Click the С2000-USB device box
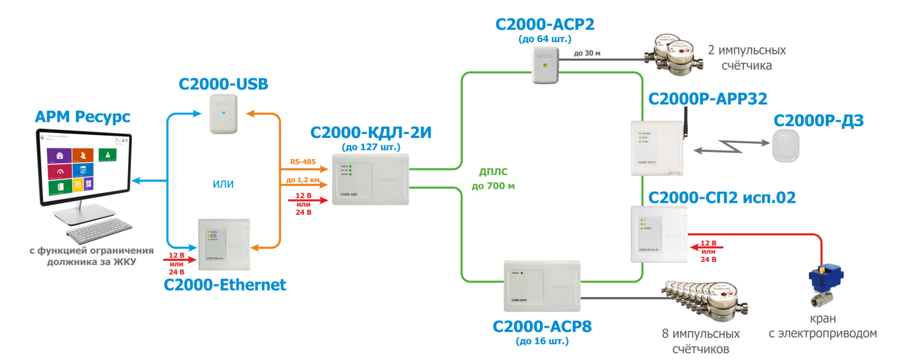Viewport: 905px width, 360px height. pyautogui.click(x=224, y=114)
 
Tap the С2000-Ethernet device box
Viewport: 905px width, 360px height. pyautogui.click(x=224, y=244)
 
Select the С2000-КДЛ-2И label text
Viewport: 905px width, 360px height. pyautogui.click(x=371, y=133)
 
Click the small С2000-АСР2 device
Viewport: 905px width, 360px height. pyautogui.click(x=545, y=65)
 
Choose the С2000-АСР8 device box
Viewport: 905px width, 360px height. pyautogui.click(x=542, y=286)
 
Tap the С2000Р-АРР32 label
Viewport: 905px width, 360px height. pyautogui.click(x=708, y=99)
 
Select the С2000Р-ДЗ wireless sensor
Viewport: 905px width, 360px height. pyautogui.click(x=785, y=146)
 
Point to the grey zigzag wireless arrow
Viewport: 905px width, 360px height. pyautogui.click(x=731, y=146)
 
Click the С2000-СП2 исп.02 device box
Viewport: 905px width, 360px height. pyautogui.click(x=659, y=234)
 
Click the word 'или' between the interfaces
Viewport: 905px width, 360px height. pyautogui.click(x=223, y=184)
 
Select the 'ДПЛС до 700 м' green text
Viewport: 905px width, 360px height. pyautogui.click(x=493, y=179)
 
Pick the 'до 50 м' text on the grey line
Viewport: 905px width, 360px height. pyautogui.click(x=587, y=53)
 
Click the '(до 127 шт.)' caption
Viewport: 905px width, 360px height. pyautogui.click(x=371, y=147)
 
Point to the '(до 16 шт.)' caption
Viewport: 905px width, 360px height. pyautogui.click(x=542, y=341)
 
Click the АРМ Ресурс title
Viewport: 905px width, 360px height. pyautogui.click(x=82, y=116)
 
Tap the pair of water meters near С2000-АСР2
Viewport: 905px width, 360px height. pyautogui.click(x=673, y=54)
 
